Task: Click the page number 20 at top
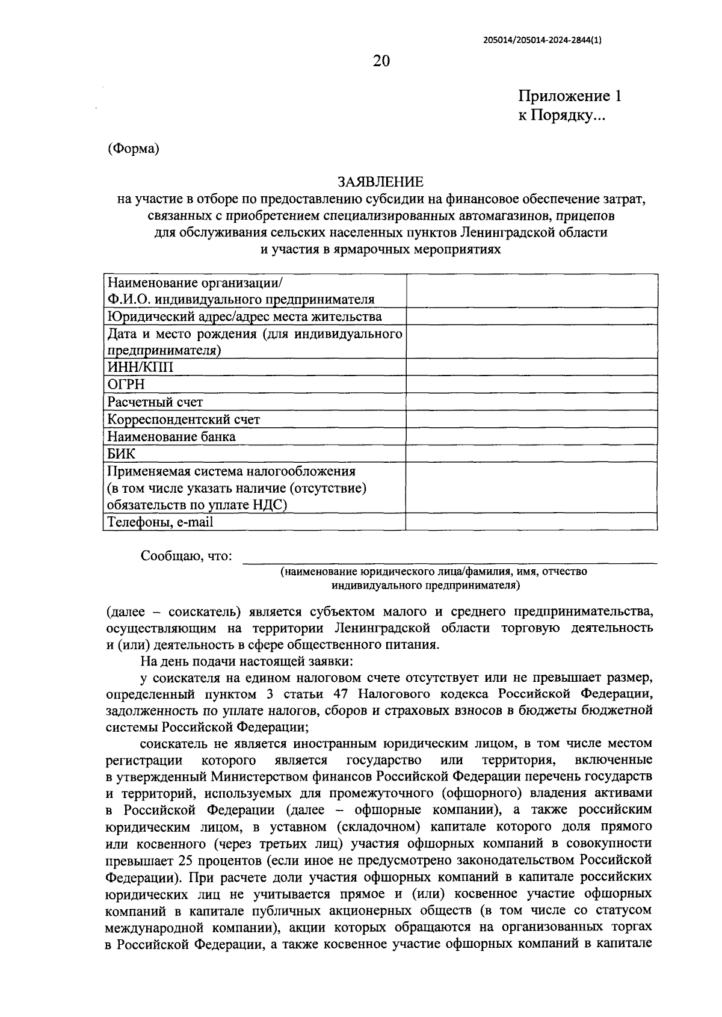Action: click(x=381, y=61)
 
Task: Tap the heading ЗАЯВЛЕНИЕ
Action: click(x=380, y=182)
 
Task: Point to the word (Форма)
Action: click(x=133, y=149)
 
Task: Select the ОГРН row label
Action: click(x=126, y=385)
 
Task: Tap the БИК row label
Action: click(x=121, y=454)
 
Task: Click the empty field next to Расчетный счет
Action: click(x=531, y=402)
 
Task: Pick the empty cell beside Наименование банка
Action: click(x=531, y=436)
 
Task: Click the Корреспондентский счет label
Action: click(x=184, y=419)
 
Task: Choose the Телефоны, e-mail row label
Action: click(x=160, y=522)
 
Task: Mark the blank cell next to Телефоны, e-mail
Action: click(x=531, y=522)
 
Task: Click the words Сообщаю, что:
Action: click(x=186, y=556)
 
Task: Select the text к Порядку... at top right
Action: click(x=562, y=116)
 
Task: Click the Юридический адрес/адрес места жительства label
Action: click(x=244, y=317)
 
